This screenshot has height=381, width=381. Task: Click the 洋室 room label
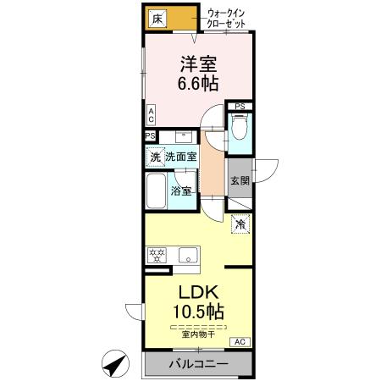(199, 63)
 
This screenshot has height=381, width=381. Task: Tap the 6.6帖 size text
(198, 84)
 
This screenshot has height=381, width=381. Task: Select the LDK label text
(199, 292)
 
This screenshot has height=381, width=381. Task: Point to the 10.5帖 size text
(198, 312)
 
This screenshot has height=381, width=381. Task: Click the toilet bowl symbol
(240, 127)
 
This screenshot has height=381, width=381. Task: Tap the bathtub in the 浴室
(156, 190)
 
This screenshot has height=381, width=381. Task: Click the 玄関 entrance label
(240, 180)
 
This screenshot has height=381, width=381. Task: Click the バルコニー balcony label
(198, 364)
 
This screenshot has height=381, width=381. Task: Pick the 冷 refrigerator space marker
(240, 224)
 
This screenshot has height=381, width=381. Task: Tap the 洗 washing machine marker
(155, 157)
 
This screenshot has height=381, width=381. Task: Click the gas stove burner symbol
(157, 255)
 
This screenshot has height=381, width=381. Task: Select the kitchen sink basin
(188, 256)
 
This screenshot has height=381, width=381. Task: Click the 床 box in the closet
(157, 19)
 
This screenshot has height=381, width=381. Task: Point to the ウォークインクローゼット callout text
(226, 19)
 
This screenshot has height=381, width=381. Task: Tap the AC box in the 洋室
(152, 115)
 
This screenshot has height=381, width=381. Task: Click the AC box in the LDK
(240, 342)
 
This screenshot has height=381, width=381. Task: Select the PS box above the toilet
(240, 107)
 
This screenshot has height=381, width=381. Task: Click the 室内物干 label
(199, 334)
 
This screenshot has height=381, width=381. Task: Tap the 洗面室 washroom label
(181, 157)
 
